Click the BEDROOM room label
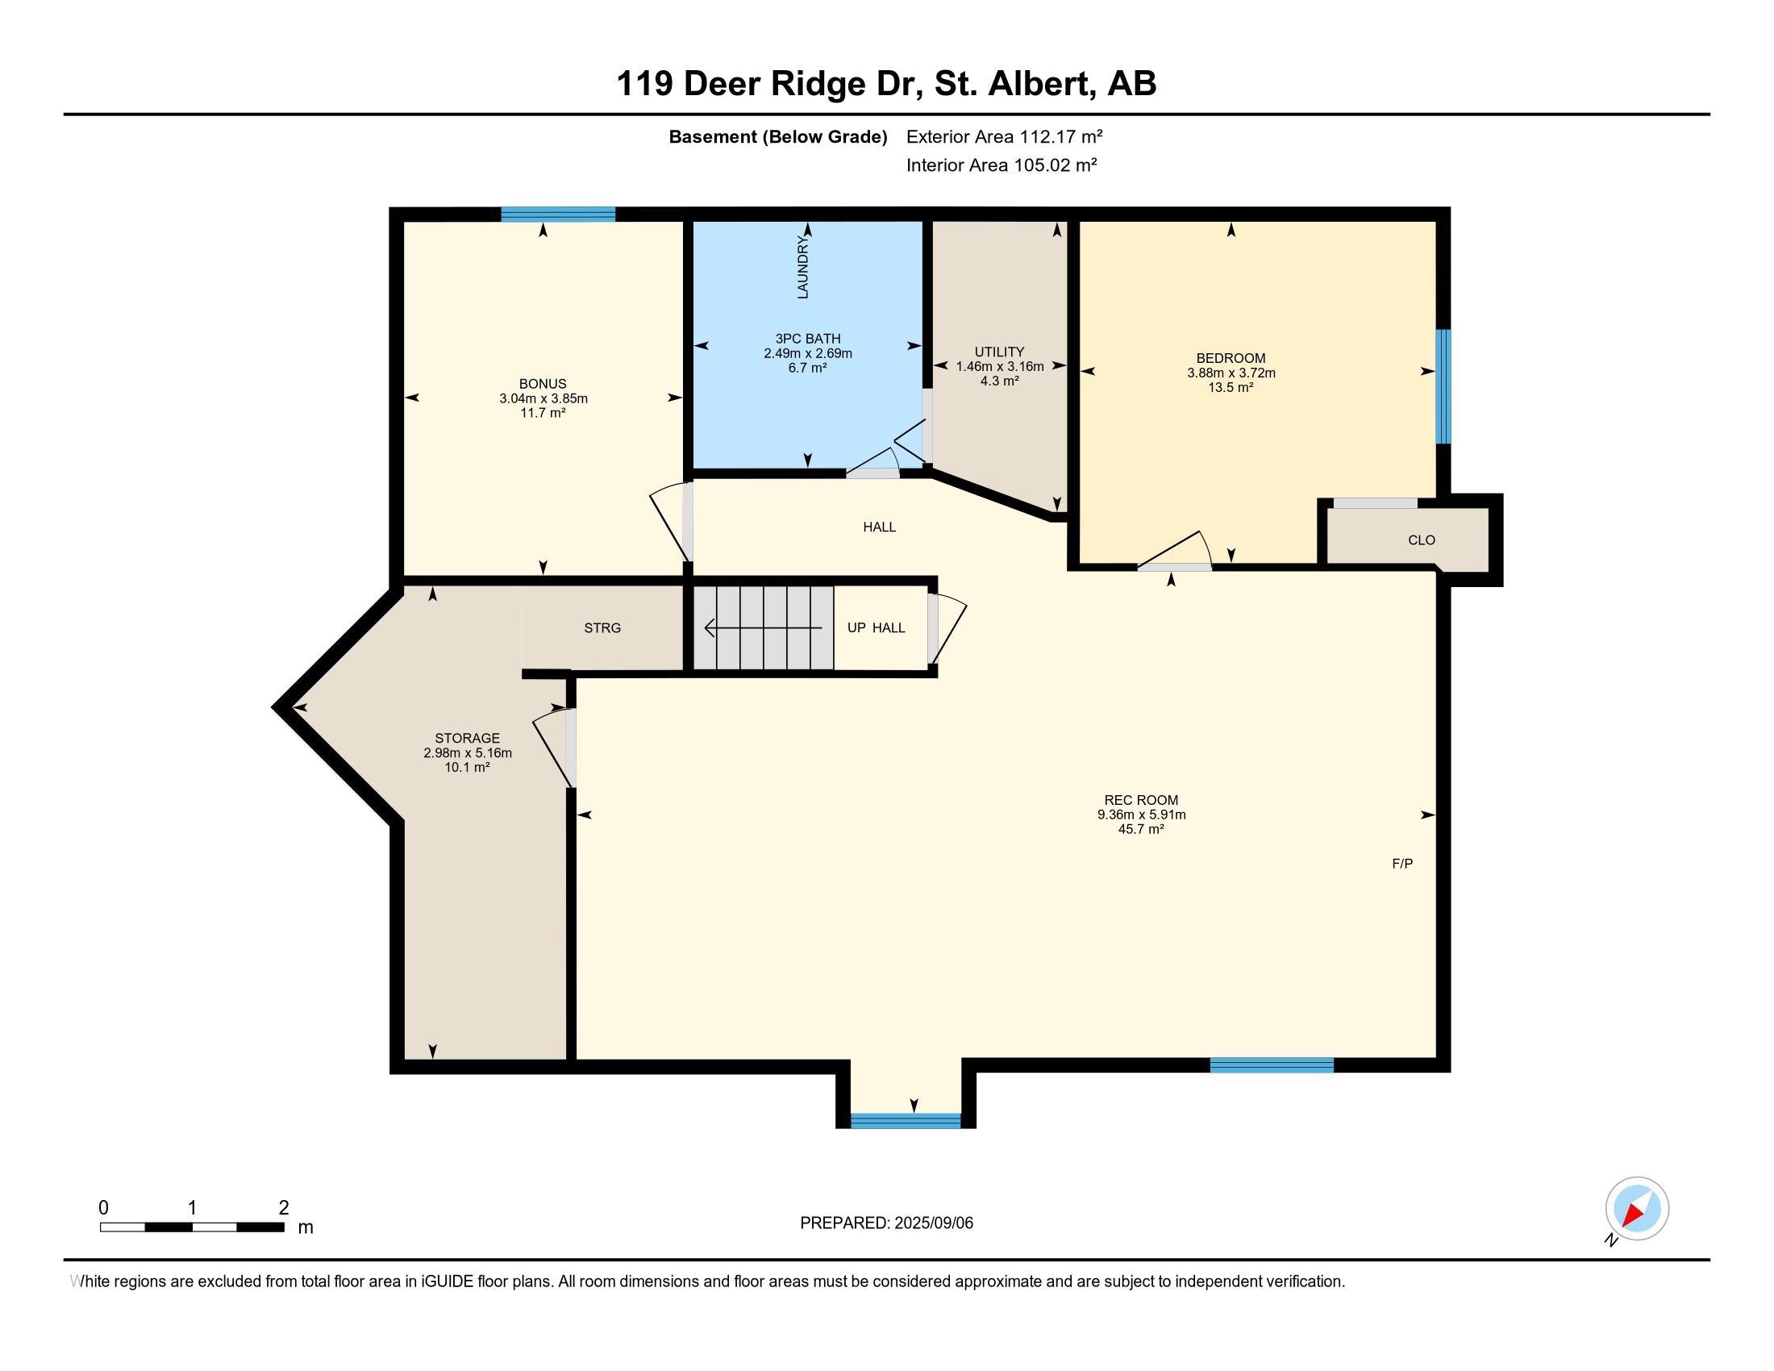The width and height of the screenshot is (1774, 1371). [x=1230, y=358]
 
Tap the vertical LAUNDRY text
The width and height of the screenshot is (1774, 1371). [x=803, y=267]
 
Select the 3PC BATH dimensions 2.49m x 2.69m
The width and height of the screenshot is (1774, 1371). [x=807, y=353]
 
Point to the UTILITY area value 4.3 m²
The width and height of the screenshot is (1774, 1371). [x=999, y=381]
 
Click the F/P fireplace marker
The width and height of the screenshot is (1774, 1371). [x=1402, y=865]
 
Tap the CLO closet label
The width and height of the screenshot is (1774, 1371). [x=1421, y=540]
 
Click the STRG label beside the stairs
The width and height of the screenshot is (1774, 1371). [x=602, y=627]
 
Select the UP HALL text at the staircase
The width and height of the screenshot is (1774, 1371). [x=876, y=627]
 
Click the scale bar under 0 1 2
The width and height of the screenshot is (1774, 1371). [x=192, y=1227]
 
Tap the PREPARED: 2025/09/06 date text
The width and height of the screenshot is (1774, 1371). [x=886, y=1223]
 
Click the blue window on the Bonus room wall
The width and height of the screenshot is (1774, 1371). [x=557, y=215]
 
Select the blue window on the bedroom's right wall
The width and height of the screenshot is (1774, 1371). [x=1443, y=386]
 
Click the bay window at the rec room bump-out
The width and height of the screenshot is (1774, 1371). [x=905, y=1121]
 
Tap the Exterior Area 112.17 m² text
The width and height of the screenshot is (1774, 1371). [x=1004, y=136]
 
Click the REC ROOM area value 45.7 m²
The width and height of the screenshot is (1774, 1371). [x=1140, y=829]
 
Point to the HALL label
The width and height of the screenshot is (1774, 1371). [x=879, y=527]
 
